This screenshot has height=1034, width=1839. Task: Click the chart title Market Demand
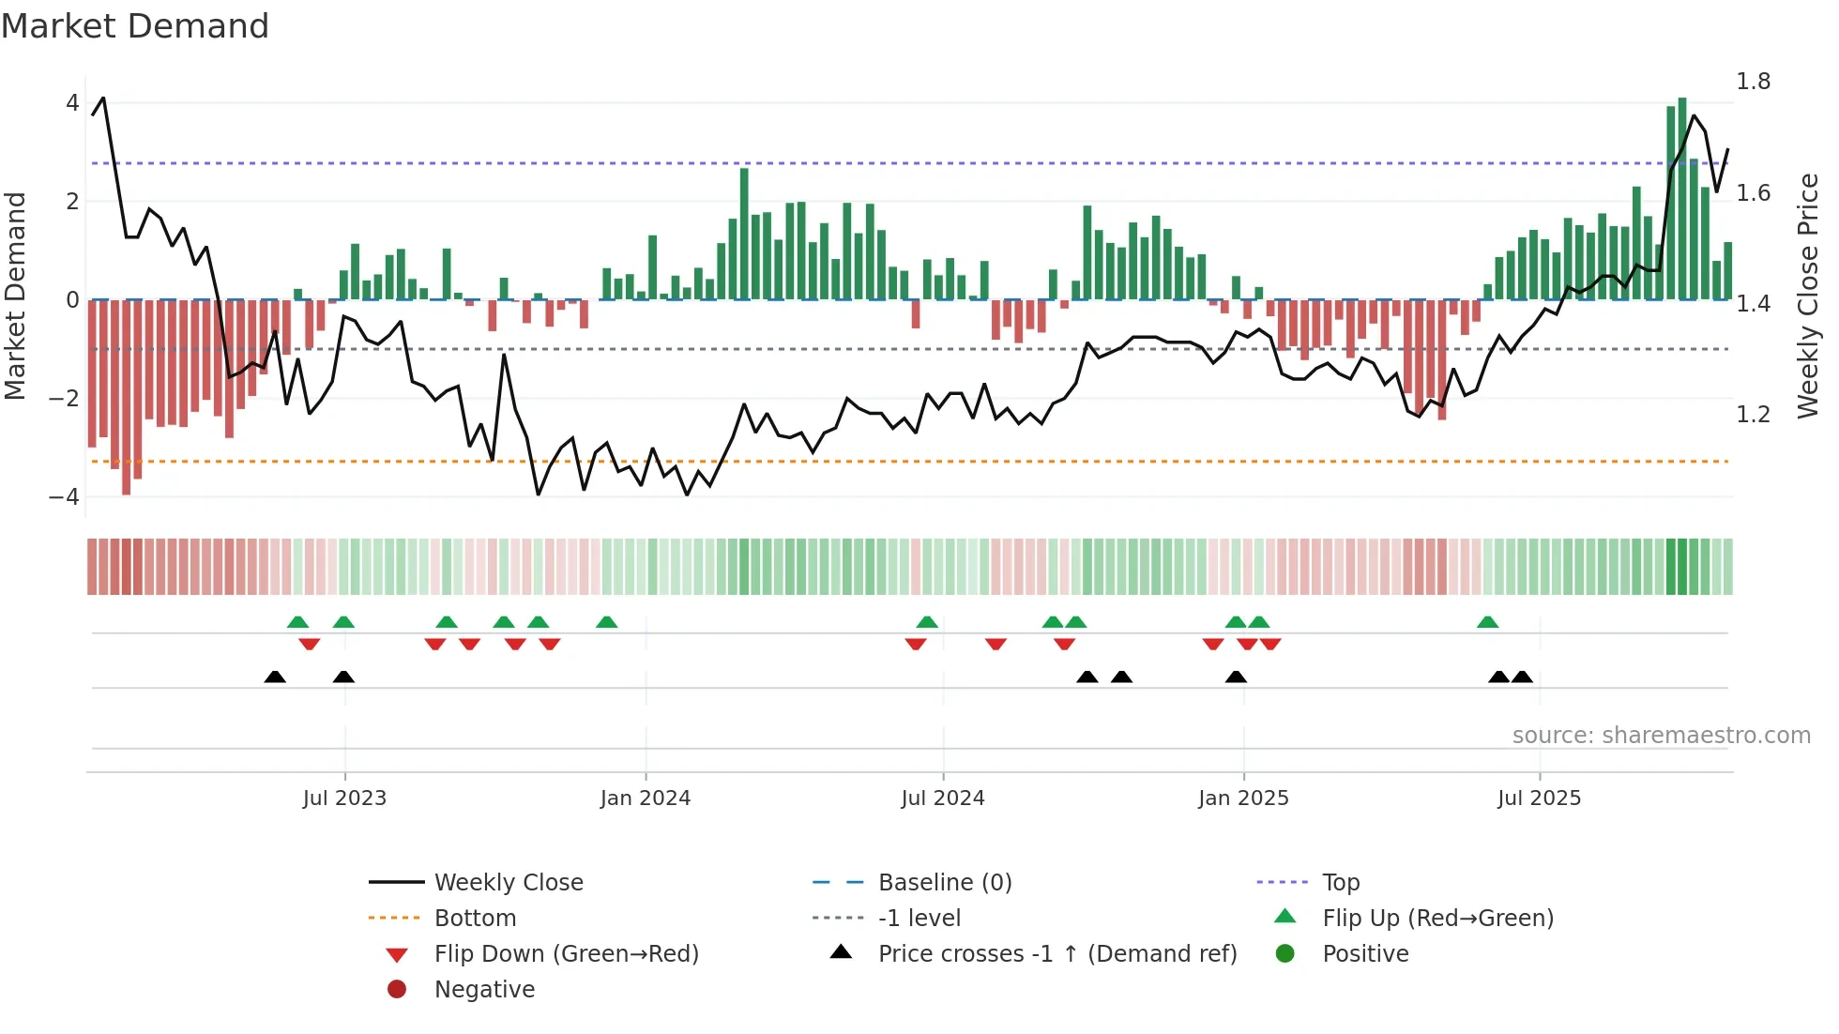(135, 26)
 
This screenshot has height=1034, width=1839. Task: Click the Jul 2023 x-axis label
(344, 798)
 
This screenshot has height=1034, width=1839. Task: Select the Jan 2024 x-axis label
(646, 798)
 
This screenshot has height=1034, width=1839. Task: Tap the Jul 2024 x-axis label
(943, 798)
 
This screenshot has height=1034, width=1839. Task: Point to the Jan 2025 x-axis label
(1243, 798)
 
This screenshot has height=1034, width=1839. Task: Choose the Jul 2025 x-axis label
(1539, 798)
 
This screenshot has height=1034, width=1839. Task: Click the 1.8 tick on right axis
(1753, 82)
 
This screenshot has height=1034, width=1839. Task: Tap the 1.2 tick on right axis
(1753, 414)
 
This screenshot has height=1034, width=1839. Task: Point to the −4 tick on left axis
(65, 496)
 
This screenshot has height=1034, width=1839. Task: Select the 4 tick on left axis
(72, 102)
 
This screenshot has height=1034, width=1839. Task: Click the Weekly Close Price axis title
(1808, 296)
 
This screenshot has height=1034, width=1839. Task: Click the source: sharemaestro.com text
(1661, 735)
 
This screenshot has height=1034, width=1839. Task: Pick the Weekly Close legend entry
(509, 882)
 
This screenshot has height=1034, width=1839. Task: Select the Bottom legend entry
(475, 918)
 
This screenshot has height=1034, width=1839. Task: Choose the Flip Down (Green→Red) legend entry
(566, 953)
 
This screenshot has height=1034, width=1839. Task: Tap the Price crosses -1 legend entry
(1057, 953)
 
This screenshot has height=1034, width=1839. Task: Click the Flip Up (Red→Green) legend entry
(1437, 918)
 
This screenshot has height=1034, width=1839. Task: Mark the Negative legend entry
(484, 989)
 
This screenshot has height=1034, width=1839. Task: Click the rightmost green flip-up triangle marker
(1487, 622)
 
